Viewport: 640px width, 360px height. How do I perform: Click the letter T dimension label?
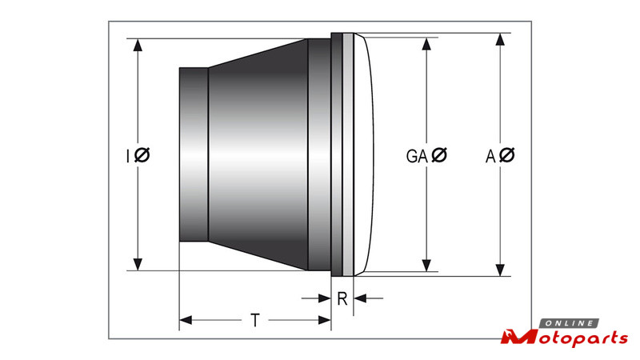255,321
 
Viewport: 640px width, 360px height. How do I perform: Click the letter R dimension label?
342,299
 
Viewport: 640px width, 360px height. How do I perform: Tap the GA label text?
417,156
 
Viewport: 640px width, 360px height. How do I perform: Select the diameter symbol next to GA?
439,155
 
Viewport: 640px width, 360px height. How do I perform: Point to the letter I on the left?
128,156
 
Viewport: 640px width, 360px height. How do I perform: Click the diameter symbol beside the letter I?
142,155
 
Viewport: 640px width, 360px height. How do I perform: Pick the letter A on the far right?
490,156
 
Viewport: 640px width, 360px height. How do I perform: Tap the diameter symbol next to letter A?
507,155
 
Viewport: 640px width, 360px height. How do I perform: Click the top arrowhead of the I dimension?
138,45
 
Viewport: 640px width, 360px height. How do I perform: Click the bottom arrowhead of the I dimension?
138,264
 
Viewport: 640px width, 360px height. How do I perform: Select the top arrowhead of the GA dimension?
426,44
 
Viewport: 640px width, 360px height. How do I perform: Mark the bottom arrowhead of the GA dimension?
426,266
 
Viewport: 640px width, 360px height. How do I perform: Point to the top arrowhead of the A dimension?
501,39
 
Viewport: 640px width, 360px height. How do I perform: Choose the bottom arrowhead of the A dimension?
501,270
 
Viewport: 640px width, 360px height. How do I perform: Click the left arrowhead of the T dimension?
186,321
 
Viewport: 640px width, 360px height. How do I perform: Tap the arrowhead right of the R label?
359,298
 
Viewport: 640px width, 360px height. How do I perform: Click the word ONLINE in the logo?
570,324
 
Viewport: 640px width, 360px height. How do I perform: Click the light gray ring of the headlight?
348,154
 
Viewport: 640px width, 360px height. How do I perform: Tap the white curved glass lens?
364,154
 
